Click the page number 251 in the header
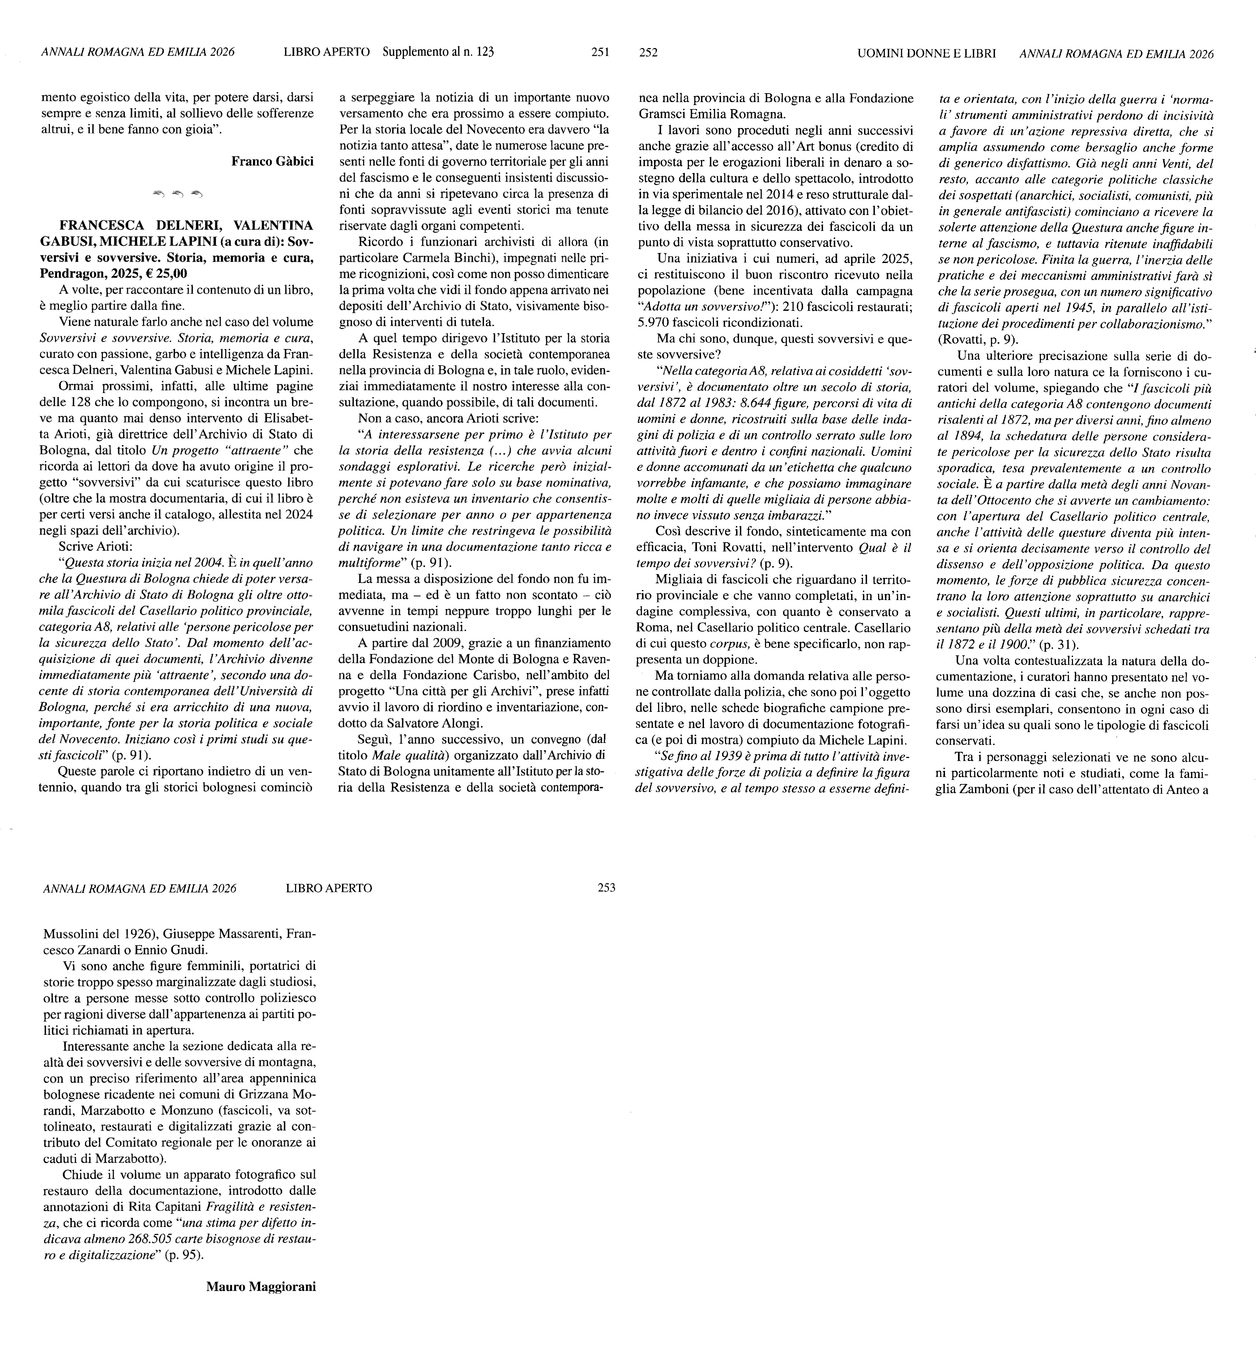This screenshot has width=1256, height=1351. (x=600, y=52)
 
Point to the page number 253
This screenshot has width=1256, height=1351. (x=606, y=888)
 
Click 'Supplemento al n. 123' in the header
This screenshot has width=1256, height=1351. (x=438, y=52)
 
